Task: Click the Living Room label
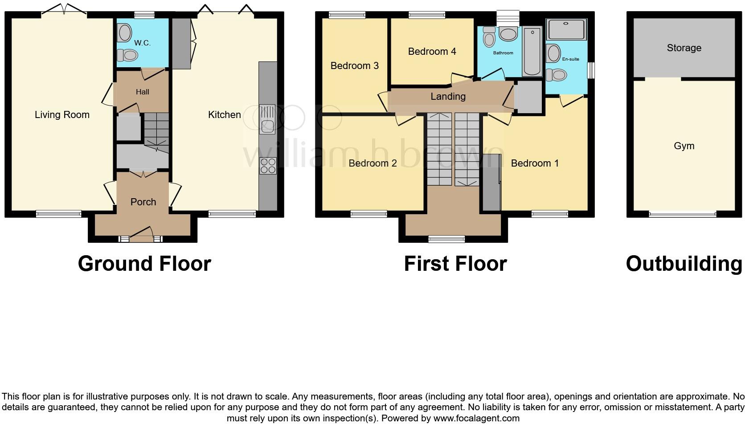(x=62, y=115)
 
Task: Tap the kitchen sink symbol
(x=267, y=119)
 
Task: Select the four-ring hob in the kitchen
(x=268, y=166)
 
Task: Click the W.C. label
(x=143, y=43)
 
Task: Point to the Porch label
(x=143, y=202)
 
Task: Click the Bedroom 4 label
(x=432, y=52)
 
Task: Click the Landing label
(x=448, y=97)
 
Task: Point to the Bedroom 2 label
(x=372, y=163)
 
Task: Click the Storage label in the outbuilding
(x=684, y=48)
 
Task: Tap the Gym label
(x=684, y=146)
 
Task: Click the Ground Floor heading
(x=144, y=264)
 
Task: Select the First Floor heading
(x=455, y=264)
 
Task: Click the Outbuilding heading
(x=684, y=264)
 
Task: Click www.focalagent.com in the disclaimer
(x=476, y=418)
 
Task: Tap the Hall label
(x=143, y=92)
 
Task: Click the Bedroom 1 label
(x=535, y=163)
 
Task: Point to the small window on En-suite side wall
(x=591, y=70)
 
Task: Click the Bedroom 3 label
(x=355, y=66)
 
